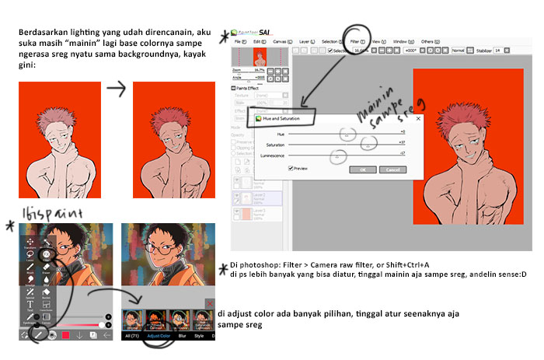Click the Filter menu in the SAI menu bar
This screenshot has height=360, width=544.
tap(355, 40)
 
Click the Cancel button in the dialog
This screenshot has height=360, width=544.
tap(392, 169)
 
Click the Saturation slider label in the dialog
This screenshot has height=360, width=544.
tap(275, 145)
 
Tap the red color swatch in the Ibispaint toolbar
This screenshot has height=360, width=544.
tap(66, 335)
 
